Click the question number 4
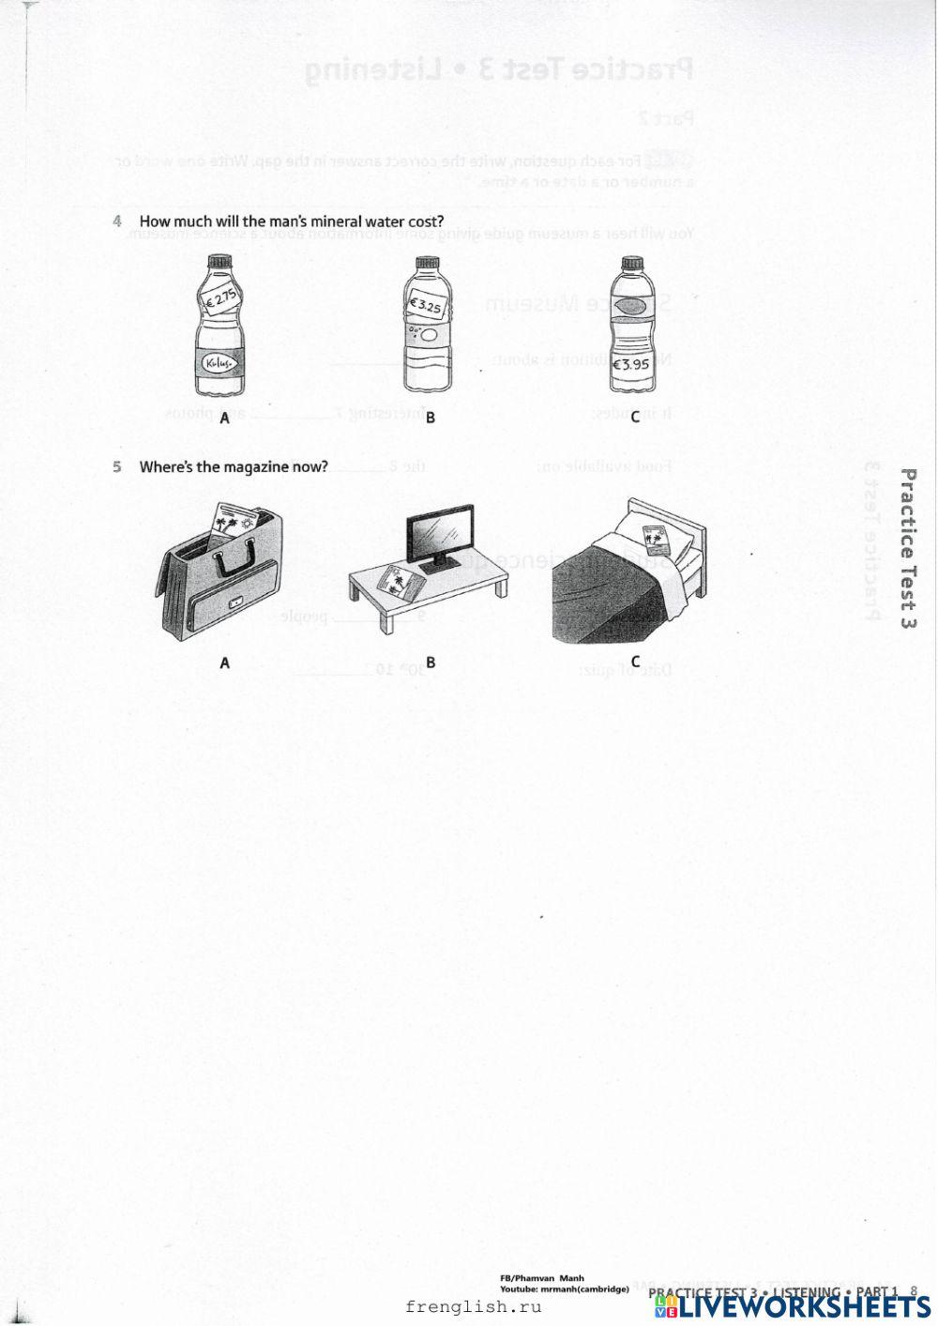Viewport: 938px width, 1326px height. pos(117,221)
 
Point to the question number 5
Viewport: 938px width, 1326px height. pos(117,466)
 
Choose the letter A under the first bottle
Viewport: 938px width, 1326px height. pos(224,419)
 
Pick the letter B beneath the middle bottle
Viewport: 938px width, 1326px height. pos(430,419)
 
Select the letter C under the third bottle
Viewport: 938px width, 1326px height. pos(635,418)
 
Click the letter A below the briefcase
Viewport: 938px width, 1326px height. pos(224,663)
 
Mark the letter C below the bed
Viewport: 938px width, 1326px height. pos(635,662)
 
